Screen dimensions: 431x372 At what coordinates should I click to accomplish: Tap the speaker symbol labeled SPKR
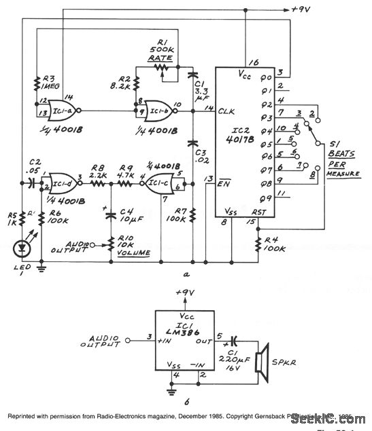pyautogui.click(x=262, y=360)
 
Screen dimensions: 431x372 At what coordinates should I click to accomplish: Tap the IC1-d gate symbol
pyautogui.click(x=64, y=182)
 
